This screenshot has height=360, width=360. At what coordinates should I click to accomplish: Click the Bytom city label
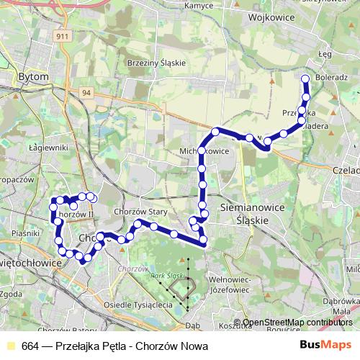(x=33, y=76)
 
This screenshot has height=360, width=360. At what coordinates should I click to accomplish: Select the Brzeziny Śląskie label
(x=156, y=63)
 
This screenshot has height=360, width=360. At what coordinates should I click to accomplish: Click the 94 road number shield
(x=86, y=92)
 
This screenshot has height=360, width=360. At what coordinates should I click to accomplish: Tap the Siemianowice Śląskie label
(x=252, y=215)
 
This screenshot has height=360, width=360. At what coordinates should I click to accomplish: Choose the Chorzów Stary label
(x=135, y=212)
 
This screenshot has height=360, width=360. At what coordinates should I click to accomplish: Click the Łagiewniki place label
(x=30, y=147)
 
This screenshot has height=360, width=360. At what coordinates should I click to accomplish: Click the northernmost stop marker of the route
(x=305, y=79)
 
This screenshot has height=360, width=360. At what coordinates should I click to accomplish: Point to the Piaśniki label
(x=24, y=233)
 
